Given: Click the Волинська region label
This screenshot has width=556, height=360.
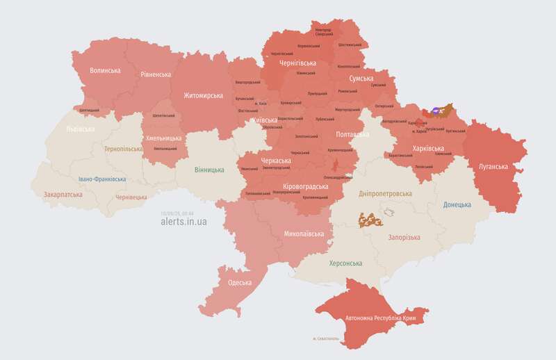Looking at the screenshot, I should [x=105, y=70].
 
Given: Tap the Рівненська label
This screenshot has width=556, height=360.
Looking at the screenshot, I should [x=156, y=74].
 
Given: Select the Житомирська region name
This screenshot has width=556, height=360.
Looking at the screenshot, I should [x=203, y=95].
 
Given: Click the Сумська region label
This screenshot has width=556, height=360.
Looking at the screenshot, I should [x=361, y=79].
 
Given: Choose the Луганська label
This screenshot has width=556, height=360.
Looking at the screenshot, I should [x=493, y=167].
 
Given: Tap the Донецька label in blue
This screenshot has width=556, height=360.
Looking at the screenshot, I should [x=457, y=205].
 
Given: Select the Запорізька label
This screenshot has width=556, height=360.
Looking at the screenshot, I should [x=403, y=238].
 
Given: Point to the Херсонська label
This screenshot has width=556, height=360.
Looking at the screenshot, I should [x=345, y=264].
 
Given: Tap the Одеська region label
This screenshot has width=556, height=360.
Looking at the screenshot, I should [x=240, y=283].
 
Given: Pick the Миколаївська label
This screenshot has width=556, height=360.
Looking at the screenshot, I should [x=304, y=234].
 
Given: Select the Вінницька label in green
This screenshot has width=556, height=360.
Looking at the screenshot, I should [x=208, y=170].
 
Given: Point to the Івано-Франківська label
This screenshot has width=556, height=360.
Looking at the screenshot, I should [x=102, y=179].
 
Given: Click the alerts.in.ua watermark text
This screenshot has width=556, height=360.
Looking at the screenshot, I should [x=183, y=222].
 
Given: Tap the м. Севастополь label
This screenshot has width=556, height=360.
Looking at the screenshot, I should [x=329, y=339].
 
